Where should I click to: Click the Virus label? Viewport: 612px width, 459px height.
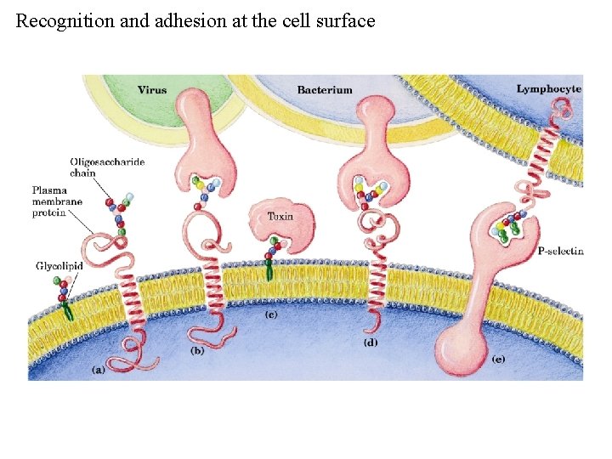(x=152, y=88)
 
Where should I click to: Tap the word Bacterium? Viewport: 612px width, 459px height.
(x=324, y=89)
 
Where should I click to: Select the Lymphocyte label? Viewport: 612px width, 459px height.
(x=549, y=88)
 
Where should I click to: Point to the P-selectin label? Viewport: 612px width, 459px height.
(x=561, y=252)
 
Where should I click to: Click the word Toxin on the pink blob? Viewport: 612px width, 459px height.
(x=280, y=216)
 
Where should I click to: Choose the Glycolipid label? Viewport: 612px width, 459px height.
(x=59, y=266)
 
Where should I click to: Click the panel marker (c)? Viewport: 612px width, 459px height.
(x=271, y=314)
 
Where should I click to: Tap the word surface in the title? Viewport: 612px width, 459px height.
(x=343, y=21)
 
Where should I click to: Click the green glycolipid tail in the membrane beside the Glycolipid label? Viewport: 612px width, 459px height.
(x=67, y=312)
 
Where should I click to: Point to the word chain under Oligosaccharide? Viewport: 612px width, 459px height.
(x=83, y=173)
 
